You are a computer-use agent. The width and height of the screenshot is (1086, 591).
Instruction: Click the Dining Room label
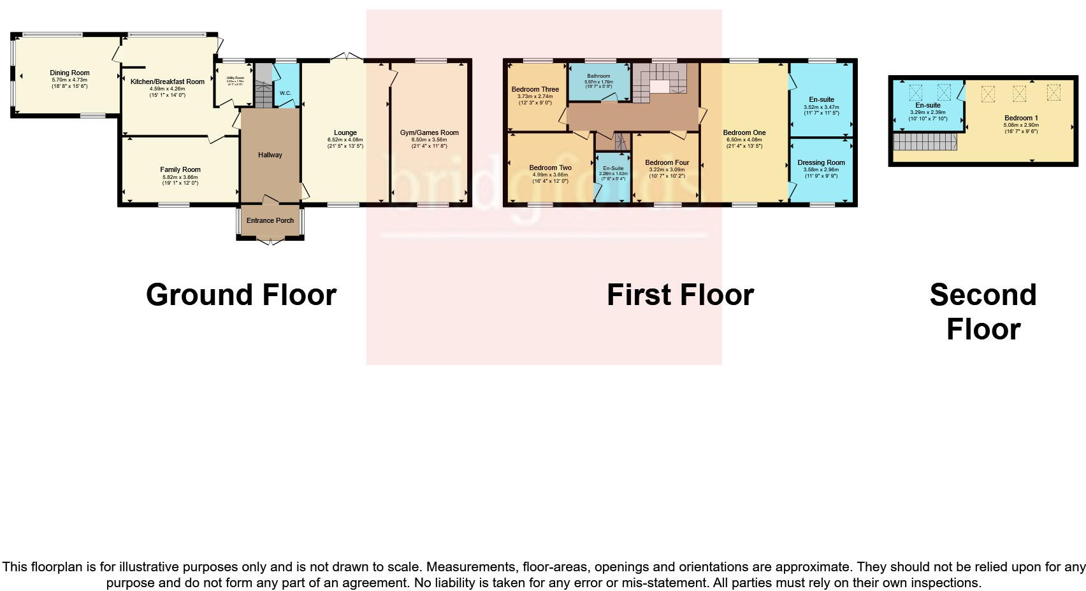pyautogui.click(x=69, y=73)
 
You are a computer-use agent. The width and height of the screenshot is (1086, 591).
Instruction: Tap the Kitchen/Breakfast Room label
pyautogui.click(x=168, y=82)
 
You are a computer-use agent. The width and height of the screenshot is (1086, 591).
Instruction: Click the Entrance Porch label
pyautogui.click(x=270, y=220)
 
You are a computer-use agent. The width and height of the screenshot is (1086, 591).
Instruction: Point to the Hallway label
pyautogui.click(x=270, y=155)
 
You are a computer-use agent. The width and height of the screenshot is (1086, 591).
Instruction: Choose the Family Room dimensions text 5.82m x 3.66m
pyautogui.click(x=179, y=177)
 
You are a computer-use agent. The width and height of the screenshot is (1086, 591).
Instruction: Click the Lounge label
pyautogui.click(x=345, y=133)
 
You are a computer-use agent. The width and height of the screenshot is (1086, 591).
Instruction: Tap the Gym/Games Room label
pyautogui.click(x=430, y=133)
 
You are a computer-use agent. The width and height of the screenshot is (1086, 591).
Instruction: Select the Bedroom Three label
pyautogui.click(x=535, y=90)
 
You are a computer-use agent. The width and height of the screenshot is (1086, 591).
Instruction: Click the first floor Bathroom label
pyautogui.click(x=598, y=76)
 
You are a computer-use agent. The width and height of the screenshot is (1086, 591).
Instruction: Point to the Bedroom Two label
pyautogui.click(x=550, y=168)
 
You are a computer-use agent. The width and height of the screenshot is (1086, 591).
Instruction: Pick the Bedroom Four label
pyautogui.click(x=667, y=162)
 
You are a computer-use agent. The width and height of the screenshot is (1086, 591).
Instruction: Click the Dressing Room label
pyautogui.click(x=821, y=162)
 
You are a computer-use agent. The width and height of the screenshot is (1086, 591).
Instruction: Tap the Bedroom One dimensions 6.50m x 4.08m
pyautogui.click(x=744, y=139)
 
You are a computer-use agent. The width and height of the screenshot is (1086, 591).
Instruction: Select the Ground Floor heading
pyautogui.click(x=241, y=295)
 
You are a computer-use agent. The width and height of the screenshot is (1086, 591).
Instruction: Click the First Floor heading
pyautogui.click(x=680, y=295)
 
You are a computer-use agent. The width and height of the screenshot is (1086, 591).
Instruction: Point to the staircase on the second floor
pyautogui.click(x=925, y=142)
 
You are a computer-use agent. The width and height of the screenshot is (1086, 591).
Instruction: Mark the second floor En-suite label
pyautogui.click(x=928, y=106)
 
